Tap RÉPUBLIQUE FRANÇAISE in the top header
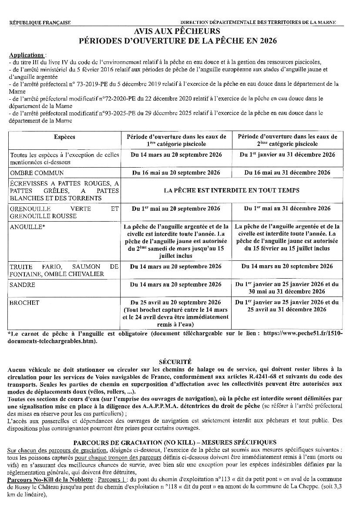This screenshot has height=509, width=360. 40,23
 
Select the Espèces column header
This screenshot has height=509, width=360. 64,137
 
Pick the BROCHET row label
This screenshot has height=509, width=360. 24,303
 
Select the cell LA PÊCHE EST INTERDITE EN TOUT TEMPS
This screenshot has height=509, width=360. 232,190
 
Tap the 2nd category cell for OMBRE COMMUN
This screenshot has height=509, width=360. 287,173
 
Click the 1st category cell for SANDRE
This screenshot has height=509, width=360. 177,285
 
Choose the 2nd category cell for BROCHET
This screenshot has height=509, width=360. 287,306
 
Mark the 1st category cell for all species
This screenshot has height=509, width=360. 177,155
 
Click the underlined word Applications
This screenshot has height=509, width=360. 26,55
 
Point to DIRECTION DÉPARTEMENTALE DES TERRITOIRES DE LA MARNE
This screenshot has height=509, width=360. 258,23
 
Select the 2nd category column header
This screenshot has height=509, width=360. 287,140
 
